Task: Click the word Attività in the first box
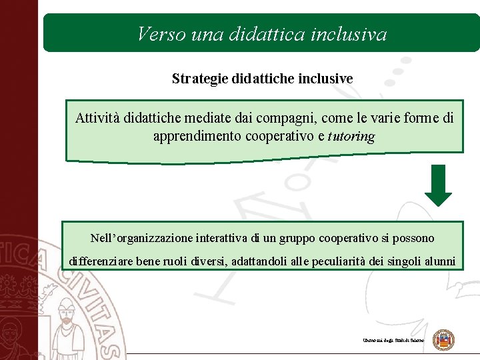(x=97, y=119)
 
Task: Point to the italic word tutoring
(x=351, y=137)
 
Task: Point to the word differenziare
(x=101, y=261)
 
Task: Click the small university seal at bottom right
(x=443, y=340)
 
